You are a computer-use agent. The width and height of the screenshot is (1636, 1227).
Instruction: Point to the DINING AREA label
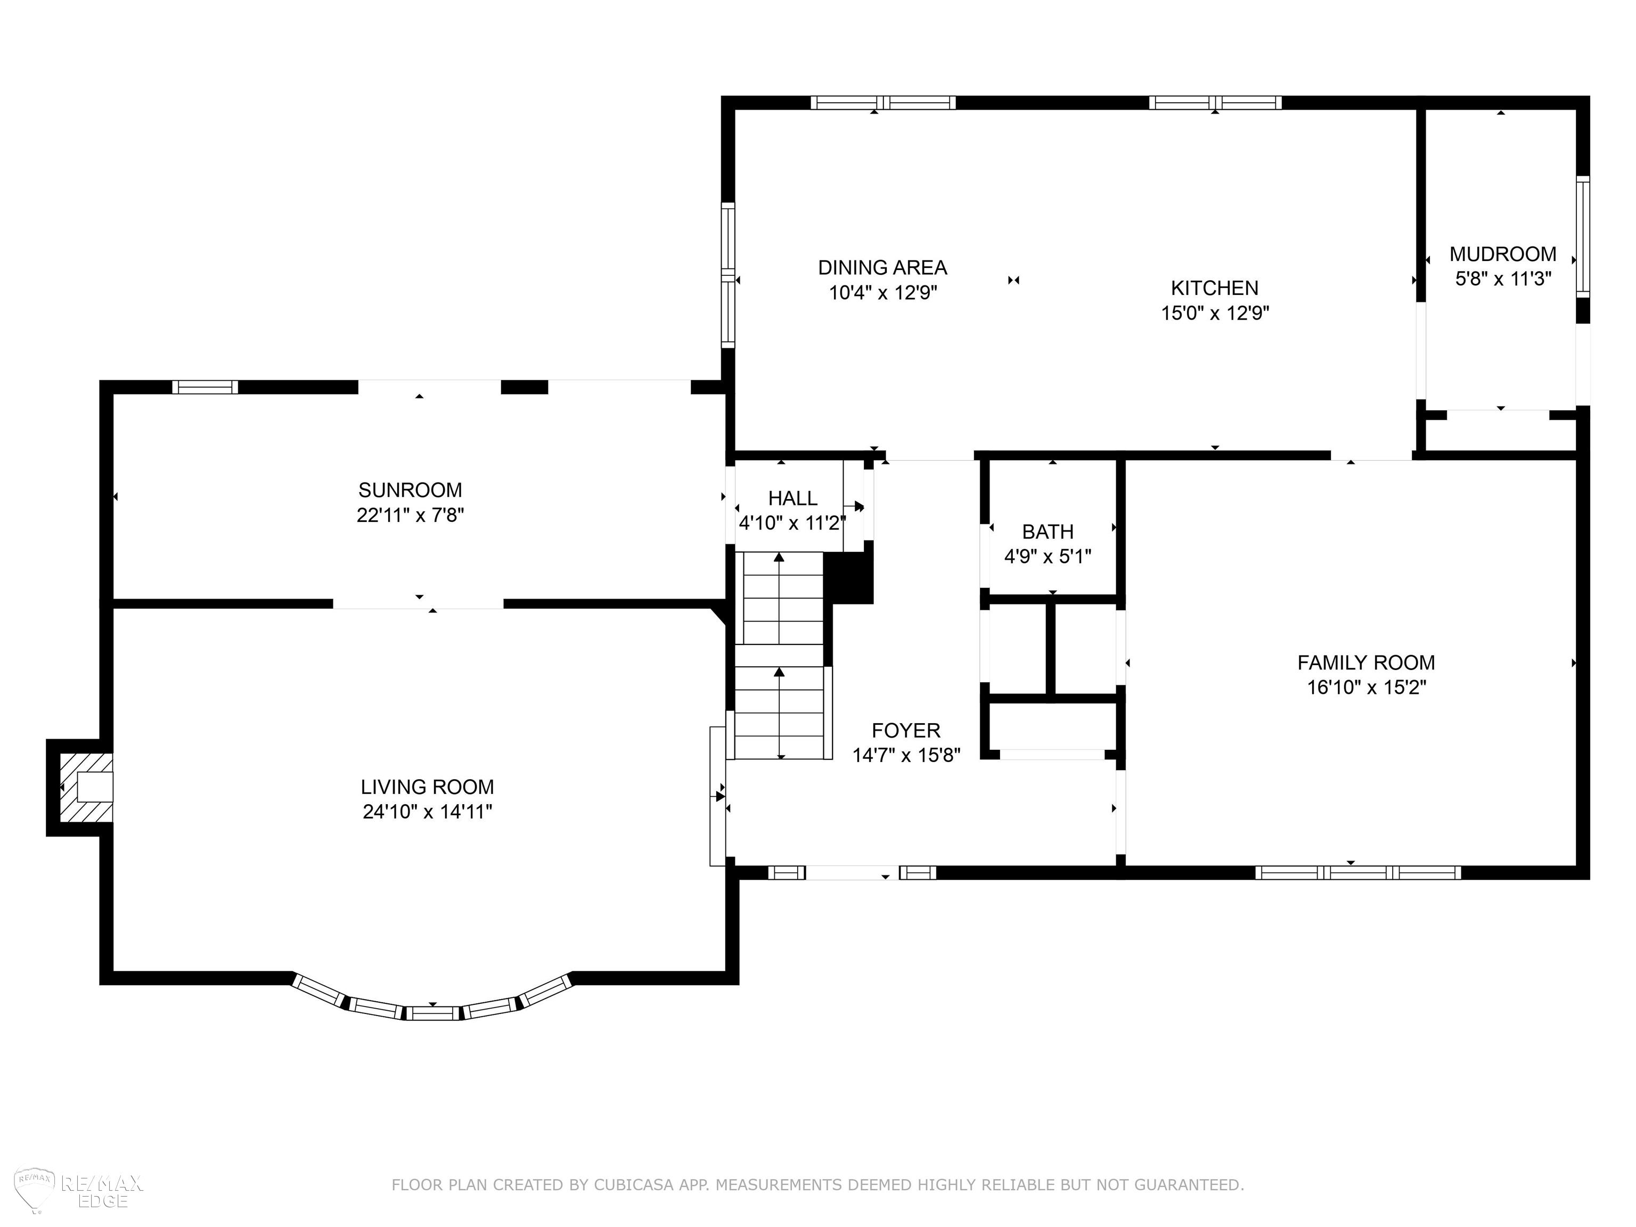pyautogui.click(x=882, y=267)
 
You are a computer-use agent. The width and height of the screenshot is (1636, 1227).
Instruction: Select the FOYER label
pyautogui.click(x=905, y=731)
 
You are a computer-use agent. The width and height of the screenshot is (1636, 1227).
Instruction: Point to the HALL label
pyautogui.click(x=793, y=498)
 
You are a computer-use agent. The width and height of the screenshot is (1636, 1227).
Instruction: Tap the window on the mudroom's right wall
pyautogui.click(x=1582, y=236)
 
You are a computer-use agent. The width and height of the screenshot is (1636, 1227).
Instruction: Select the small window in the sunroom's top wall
pyautogui.click(x=205, y=387)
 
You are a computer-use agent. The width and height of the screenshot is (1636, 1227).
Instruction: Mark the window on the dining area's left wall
pyautogui.click(x=729, y=275)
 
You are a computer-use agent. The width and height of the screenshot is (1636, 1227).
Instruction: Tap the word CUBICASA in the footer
pyautogui.click(x=633, y=1185)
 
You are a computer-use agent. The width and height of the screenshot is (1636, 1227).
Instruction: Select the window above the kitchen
pyautogui.click(x=1215, y=103)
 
